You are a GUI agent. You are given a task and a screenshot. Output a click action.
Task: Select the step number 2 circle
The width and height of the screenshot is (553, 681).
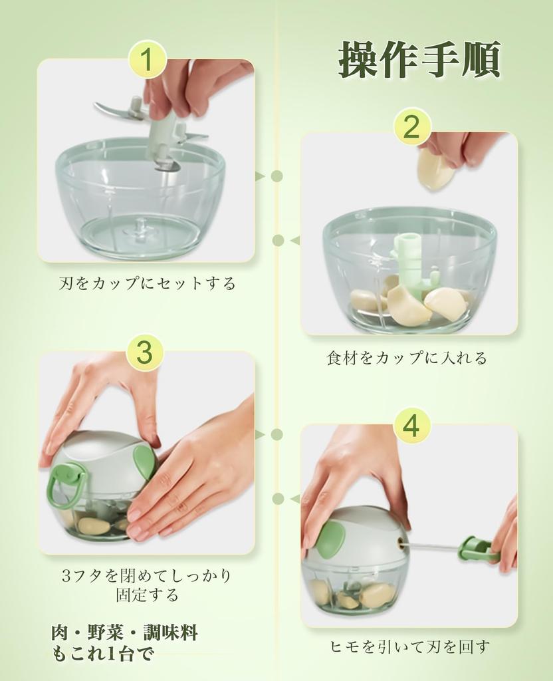(x=412, y=127)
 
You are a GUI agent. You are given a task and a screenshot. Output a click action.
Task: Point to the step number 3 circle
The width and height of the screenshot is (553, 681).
(x=144, y=352)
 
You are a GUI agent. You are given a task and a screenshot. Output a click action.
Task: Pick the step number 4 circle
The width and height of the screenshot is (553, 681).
(x=411, y=426)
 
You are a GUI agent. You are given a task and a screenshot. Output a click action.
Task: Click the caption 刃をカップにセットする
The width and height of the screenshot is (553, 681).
(x=147, y=284)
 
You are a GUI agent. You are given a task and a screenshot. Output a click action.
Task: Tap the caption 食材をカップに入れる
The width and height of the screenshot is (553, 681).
(x=407, y=358)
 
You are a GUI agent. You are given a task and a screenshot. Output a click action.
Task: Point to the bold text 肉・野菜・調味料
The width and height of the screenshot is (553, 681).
(x=124, y=632)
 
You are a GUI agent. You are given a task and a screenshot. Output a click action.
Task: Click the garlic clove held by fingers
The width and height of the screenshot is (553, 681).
(x=435, y=169)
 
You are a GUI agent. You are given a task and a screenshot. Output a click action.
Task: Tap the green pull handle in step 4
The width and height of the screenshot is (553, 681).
(x=477, y=549)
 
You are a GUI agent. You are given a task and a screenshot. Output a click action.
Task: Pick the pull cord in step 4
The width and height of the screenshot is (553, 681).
(x=431, y=547)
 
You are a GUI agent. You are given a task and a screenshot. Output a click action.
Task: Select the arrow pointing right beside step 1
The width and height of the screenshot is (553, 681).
(x=260, y=176)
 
